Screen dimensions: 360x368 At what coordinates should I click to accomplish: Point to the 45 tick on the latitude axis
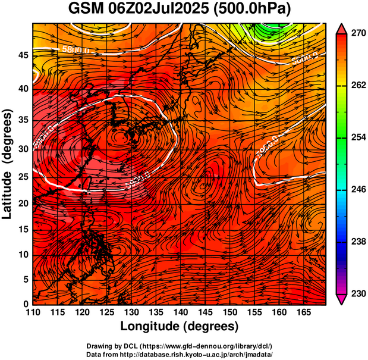click(x=23, y=55)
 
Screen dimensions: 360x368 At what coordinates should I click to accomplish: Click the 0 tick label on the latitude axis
click(x=26, y=304)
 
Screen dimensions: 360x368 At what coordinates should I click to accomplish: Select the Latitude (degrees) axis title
click(x=8, y=164)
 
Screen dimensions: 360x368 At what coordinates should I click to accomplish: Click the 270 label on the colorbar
click(x=358, y=34)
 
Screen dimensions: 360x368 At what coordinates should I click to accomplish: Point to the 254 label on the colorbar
click(x=358, y=137)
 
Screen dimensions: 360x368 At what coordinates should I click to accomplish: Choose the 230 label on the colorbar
click(x=358, y=293)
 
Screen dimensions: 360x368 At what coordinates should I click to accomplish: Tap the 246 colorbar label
click(x=358, y=190)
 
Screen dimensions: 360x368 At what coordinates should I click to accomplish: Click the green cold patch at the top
click(x=271, y=27)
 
